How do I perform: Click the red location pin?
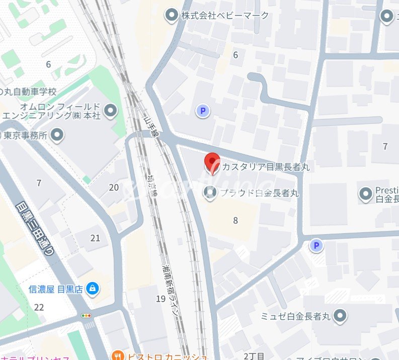[212, 163]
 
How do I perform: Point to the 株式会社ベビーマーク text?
[225, 16]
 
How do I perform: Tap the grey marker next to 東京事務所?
[58, 135]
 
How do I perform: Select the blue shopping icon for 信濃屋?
[92, 289]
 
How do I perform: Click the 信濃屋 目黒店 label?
[55, 289]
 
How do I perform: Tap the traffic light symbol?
[87, 316]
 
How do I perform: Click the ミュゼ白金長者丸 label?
[295, 316]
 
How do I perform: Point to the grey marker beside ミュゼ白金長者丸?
[341, 316]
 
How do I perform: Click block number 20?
[114, 188]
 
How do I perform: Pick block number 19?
[161, 300]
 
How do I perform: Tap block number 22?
[39, 307]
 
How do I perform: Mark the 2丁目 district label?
[254, 356]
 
